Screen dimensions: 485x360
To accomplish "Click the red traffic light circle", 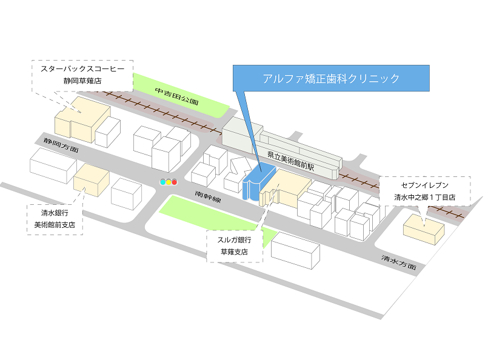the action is [x=175, y=182].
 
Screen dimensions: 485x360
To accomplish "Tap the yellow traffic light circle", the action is [x=169, y=182].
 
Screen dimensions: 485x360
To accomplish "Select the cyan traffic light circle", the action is [x=162, y=182].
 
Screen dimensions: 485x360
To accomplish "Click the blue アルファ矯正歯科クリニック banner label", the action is [x=331, y=78].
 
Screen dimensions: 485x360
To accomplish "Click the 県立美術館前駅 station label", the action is [x=291, y=161].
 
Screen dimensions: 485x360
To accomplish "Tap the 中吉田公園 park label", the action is [x=176, y=96].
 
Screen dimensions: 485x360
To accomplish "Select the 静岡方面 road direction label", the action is [x=61, y=145].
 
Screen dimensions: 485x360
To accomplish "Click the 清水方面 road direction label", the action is [x=399, y=262].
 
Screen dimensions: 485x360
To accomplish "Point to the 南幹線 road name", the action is [x=208, y=196].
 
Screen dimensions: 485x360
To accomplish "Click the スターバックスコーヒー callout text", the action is [x=82, y=68].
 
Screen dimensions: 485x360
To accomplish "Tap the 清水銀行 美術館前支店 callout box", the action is [x=55, y=219].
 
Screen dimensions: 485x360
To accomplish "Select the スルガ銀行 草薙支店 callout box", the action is [x=235, y=246].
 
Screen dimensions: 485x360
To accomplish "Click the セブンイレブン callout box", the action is [x=425, y=191].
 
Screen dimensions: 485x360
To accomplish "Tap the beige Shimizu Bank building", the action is [x=92, y=180].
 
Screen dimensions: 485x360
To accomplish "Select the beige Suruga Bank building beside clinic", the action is [x=284, y=188].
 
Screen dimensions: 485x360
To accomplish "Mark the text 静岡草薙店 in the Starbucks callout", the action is [x=82, y=81].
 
